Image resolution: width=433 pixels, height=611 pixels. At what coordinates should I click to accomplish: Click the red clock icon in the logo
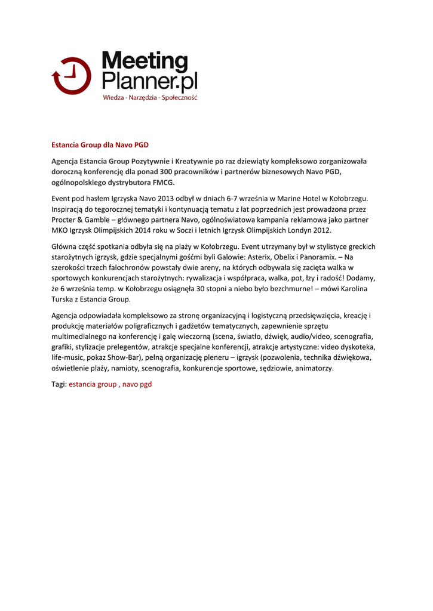(71, 76)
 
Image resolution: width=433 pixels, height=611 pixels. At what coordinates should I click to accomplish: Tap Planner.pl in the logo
(149, 81)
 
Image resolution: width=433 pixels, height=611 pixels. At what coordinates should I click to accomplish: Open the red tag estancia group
(93, 384)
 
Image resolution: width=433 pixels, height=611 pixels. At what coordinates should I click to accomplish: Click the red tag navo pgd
(137, 384)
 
